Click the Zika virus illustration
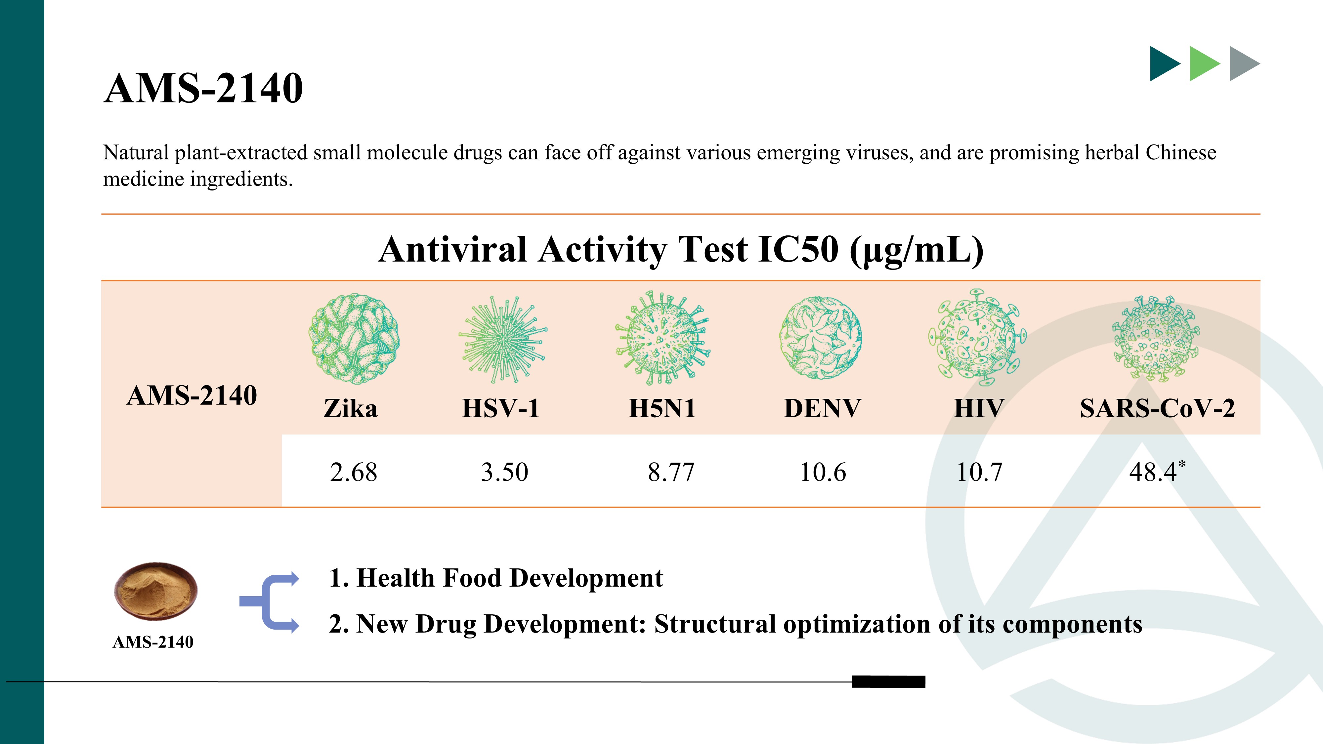354,339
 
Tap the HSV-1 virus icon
502,339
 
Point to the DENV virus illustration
821,338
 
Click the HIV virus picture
977,337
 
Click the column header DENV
822,409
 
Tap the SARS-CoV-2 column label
1157,409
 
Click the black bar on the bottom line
888,682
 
